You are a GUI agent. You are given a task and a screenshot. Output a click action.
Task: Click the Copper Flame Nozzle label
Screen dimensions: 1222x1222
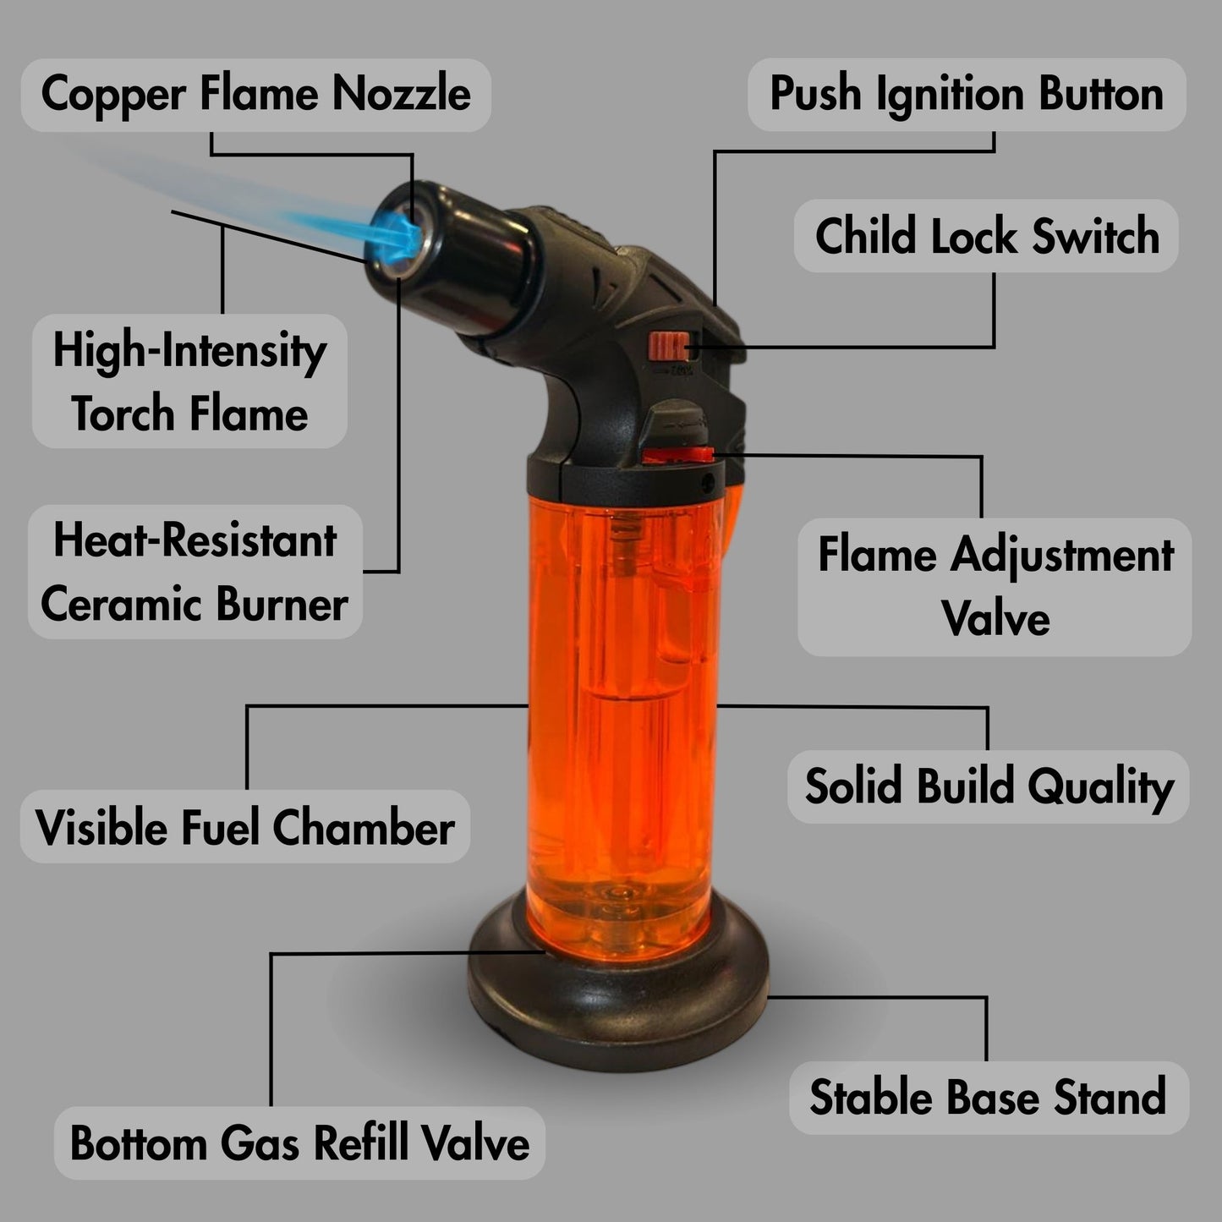click(255, 94)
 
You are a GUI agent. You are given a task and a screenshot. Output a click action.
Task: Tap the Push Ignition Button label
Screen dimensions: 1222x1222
click(966, 94)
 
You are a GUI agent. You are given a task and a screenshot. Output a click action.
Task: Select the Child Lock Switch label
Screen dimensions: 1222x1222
click(986, 236)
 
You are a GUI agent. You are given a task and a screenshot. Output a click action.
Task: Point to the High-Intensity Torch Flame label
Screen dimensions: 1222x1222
click(189, 381)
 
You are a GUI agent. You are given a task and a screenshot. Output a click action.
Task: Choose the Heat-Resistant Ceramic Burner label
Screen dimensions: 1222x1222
click(195, 572)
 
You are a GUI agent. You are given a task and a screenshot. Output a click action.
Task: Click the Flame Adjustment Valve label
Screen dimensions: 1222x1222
click(995, 587)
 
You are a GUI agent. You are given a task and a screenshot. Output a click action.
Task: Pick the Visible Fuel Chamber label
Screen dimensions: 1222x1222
click(244, 826)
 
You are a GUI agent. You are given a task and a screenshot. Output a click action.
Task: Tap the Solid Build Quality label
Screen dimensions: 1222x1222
click(988, 786)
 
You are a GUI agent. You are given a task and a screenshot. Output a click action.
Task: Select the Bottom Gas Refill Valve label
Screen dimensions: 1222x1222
click(299, 1143)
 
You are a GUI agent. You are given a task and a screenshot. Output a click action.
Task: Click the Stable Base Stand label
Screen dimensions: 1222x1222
click(988, 1098)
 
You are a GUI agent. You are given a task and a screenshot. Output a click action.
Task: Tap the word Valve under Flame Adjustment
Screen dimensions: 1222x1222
click(995, 618)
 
